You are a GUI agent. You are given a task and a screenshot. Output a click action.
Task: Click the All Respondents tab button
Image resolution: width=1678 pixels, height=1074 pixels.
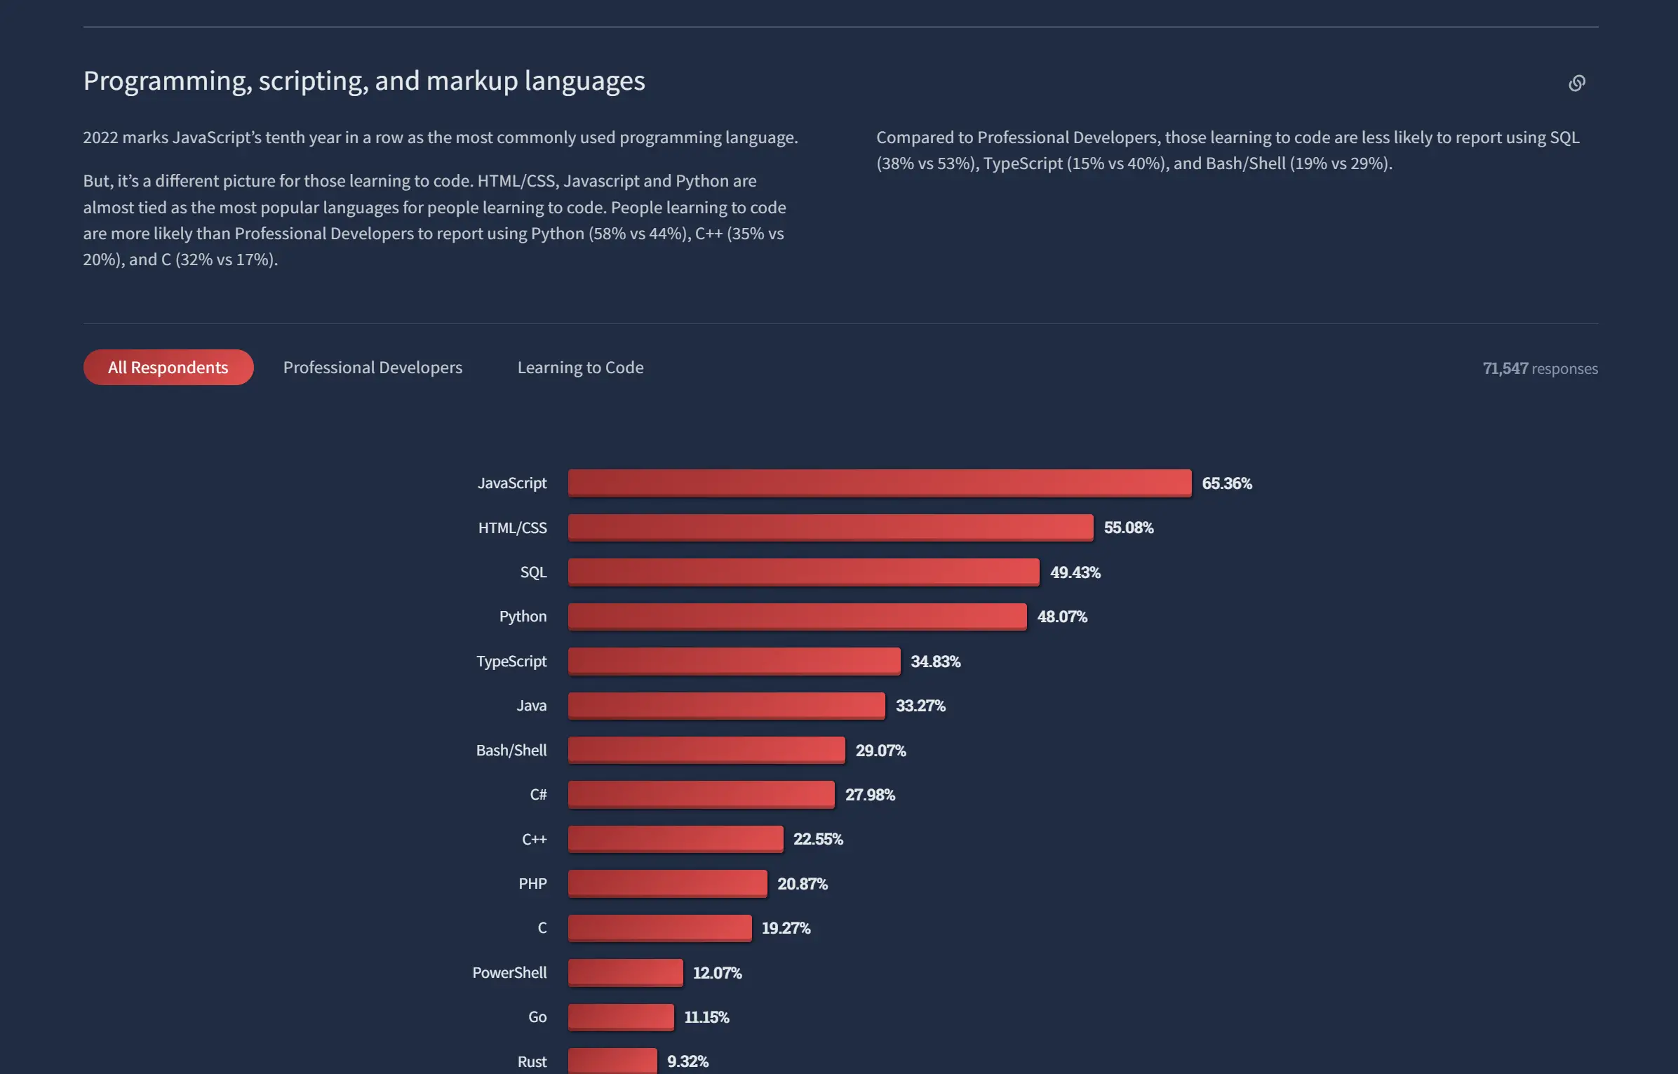tap(168, 367)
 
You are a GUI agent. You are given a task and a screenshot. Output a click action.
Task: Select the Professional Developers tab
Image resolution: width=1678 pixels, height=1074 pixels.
tap(372, 367)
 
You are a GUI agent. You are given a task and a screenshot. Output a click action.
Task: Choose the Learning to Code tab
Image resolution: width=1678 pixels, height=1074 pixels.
tap(580, 367)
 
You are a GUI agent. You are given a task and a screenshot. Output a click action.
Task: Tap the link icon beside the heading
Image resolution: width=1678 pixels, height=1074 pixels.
tap(1576, 83)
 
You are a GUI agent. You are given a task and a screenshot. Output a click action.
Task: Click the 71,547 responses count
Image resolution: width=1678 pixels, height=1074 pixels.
tap(1540, 368)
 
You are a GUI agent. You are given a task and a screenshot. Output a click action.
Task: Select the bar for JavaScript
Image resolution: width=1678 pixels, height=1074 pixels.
tap(879, 483)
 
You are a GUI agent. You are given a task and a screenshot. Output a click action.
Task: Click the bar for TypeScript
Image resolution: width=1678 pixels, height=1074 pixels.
tap(734, 661)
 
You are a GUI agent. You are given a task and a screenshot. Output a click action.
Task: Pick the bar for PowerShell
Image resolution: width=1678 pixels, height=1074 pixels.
tap(625, 972)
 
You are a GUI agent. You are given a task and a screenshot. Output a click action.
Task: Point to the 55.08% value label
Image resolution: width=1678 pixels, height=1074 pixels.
tap(1128, 528)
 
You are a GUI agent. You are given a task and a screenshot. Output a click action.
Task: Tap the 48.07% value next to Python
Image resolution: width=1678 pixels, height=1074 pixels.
tap(1062, 617)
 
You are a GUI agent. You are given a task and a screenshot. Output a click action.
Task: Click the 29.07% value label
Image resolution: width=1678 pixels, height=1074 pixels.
tap(880, 750)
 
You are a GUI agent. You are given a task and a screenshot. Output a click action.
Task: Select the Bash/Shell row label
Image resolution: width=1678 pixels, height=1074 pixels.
tap(511, 750)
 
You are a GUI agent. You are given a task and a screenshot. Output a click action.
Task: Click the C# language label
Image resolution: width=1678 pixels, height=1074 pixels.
tap(538, 794)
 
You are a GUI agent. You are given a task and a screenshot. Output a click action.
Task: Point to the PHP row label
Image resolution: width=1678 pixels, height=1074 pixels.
tap(532, 883)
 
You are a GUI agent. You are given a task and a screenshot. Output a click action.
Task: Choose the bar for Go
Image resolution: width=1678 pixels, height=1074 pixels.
tap(621, 1016)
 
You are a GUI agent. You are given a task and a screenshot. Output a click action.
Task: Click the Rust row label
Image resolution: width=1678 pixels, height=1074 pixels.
tap(532, 1061)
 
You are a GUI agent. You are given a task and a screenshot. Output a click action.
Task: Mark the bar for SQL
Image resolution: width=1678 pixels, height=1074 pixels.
tap(803, 572)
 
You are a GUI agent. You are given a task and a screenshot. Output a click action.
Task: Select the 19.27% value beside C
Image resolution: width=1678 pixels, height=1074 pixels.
tap(786, 928)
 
